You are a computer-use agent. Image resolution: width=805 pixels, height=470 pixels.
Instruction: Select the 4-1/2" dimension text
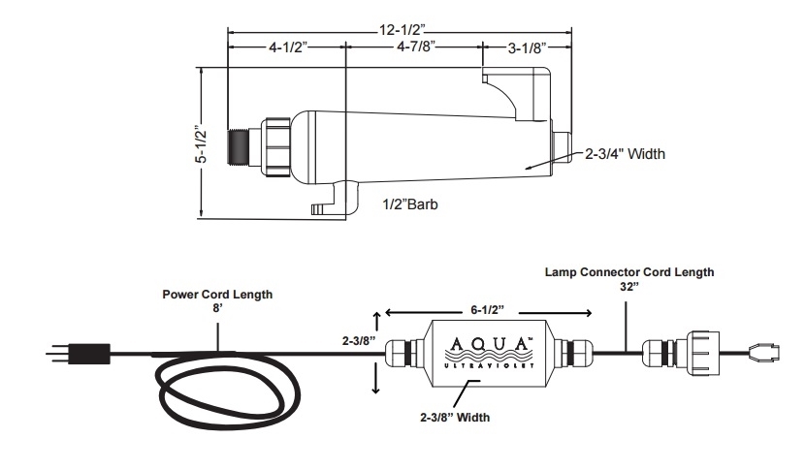(287, 47)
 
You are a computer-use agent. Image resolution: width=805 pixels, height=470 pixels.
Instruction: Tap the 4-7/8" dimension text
(416, 47)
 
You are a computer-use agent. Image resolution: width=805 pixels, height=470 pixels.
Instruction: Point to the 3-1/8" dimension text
(527, 48)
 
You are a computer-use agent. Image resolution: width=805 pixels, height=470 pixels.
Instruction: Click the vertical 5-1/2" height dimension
(203, 144)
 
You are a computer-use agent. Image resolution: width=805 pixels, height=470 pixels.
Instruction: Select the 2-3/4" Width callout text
(625, 153)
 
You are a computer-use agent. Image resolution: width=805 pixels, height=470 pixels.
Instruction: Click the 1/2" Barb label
(410, 204)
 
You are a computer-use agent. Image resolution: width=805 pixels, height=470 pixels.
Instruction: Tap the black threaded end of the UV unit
(239, 146)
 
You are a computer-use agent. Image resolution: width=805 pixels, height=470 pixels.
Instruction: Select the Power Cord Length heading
(217, 295)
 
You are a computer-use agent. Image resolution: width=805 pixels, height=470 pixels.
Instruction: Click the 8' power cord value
(217, 308)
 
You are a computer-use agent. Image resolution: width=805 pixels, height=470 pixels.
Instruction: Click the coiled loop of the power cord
(230, 389)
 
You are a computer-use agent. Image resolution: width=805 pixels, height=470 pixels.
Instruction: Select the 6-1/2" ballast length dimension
(487, 310)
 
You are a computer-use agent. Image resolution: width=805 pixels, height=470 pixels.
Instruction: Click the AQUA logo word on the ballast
(488, 343)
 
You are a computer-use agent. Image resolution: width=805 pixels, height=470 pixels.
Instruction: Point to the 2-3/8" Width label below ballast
(455, 417)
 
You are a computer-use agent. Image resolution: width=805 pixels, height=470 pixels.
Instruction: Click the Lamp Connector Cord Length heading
(629, 272)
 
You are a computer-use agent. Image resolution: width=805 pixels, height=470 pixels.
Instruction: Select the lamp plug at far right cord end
(765, 353)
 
